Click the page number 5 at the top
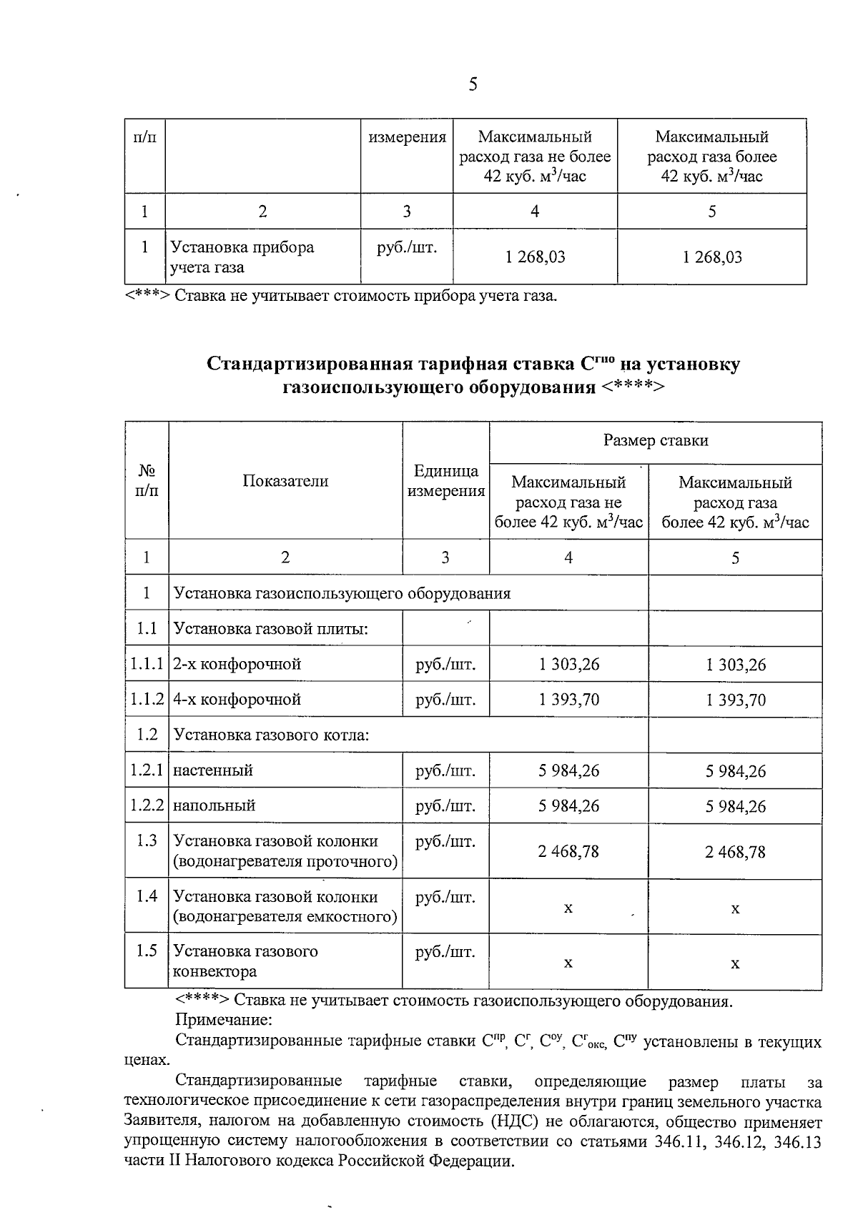(x=473, y=85)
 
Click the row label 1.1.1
(x=147, y=664)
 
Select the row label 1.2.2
(x=147, y=805)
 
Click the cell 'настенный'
(x=213, y=770)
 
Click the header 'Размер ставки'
(x=656, y=440)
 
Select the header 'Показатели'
(x=285, y=481)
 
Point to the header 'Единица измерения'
(x=445, y=481)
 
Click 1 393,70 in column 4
(x=569, y=700)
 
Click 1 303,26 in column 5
(x=735, y=665)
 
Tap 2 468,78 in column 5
(x=735, y=852)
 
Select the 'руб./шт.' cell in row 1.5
(x=445, y=952)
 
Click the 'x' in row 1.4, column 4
(x=568, y=908)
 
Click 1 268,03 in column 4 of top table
(x=535, y=257)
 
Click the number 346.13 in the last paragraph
(x=797, y=1141)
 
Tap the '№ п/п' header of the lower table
(x=147, y=481)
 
